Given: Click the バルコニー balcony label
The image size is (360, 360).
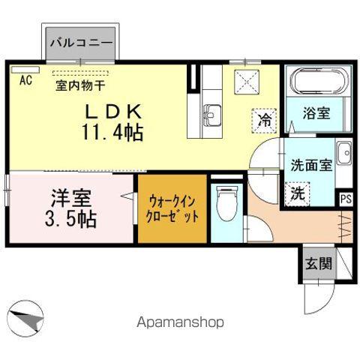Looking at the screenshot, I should click(82, 43).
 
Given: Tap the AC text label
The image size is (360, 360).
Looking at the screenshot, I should click(25, 80).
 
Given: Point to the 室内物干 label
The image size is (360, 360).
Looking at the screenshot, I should click(82, 85).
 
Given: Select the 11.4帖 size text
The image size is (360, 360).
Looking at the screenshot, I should click(113, 134).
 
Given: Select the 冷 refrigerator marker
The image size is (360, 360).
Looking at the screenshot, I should click(265, 118).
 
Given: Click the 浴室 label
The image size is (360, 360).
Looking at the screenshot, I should click(317, 115).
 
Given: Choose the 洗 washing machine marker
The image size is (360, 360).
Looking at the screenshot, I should click(298, 191).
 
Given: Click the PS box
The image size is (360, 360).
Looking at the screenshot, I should click(346, 199).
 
